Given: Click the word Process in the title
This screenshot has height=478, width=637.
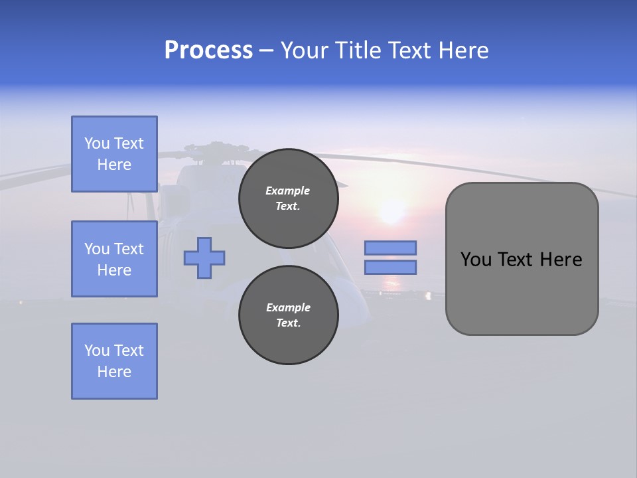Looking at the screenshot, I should (x=208, y=50).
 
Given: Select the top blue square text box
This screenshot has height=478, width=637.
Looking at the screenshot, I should (x=114, y=154).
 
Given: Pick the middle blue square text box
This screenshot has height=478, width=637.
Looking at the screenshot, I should (x=114, y=259).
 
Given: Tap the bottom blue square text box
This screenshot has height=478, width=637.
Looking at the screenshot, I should (x=114, y=361).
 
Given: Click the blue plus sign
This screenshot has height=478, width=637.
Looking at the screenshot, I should (x=204, y=258).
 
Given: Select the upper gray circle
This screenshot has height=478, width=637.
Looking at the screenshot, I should (x=288, y=199).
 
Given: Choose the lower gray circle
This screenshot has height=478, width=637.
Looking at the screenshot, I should (x=288, y=315).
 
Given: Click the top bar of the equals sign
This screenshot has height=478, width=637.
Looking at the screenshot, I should (x=390, y=248).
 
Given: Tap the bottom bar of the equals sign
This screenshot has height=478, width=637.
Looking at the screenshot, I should (x=390, y=268).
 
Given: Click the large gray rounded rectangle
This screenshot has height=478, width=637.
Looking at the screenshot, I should (x=522, y=259).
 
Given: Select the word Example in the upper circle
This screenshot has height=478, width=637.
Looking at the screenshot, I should (x=288, y=191).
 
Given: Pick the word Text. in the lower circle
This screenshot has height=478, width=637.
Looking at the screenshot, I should (x=288, y=323).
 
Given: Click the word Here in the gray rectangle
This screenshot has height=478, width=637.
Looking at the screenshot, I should (x=561, y=260).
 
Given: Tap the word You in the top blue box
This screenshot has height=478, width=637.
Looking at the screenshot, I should (x=97, y=143).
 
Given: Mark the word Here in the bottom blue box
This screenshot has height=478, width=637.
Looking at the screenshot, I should (x=114, y=372).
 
